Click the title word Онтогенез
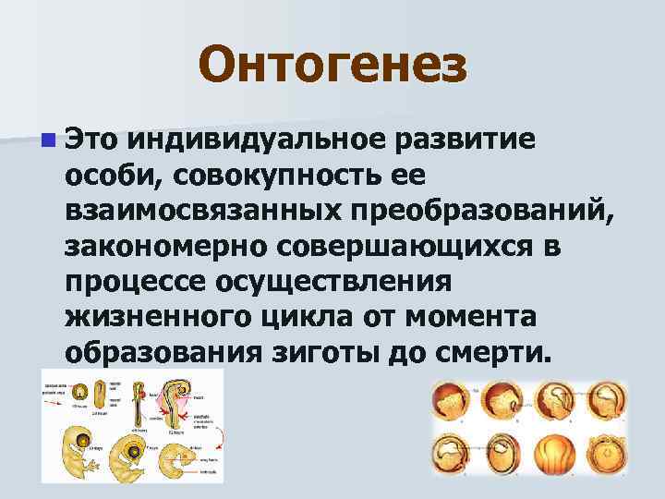point(332,65)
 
